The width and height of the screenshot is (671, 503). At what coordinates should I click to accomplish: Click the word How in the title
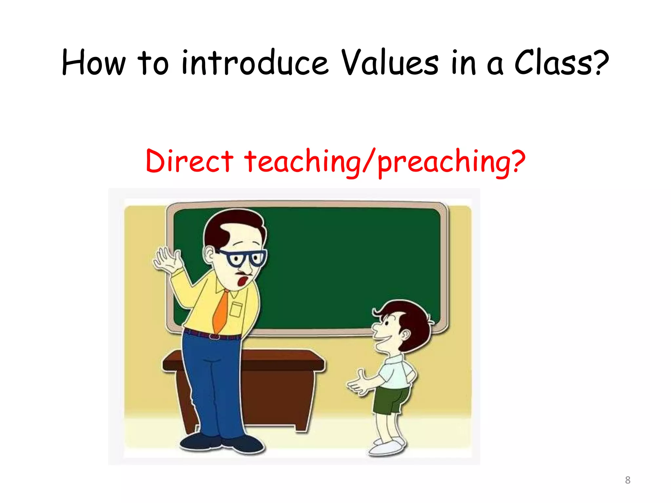94,63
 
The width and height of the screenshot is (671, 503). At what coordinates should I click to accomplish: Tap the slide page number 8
627,480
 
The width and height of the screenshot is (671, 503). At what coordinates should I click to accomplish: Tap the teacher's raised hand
167,259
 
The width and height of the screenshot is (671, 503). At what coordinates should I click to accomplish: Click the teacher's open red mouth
243,281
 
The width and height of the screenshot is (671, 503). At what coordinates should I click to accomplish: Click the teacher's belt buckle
215,336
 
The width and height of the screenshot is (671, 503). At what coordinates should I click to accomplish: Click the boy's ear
405,335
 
